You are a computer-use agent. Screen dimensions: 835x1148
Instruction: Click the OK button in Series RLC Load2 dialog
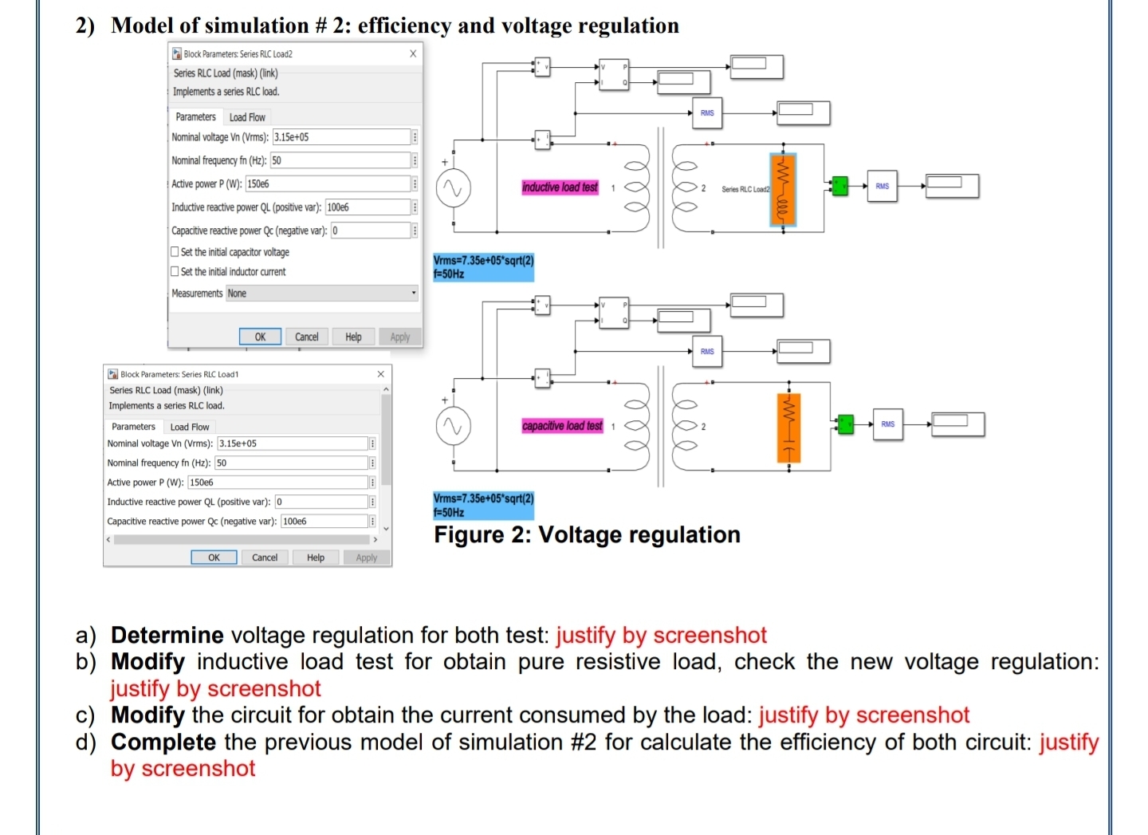pos(260,337)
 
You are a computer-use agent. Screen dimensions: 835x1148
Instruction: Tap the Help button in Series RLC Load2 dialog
pos(353,337)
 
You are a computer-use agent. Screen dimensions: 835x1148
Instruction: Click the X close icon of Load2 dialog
pos(413,53)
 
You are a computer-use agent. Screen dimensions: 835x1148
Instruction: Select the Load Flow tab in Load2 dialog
pos(247,117)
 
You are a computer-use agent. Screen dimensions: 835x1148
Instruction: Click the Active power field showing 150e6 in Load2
pos(327,183)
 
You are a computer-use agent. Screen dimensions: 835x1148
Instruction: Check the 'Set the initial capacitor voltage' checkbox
pos(175,252)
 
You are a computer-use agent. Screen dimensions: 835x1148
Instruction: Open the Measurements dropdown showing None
pos(322,293)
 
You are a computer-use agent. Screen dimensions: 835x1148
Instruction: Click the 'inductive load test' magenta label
pos(560,187)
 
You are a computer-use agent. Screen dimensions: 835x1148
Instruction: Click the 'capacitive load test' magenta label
pos(562,426)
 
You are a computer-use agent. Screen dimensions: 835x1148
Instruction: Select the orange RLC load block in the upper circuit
pos(783,190)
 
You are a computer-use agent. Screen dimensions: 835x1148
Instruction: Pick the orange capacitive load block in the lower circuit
pos(788,427)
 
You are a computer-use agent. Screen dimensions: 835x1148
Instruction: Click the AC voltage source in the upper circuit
pos(454,189)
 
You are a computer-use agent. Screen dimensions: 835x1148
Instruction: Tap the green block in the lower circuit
pos(845,423)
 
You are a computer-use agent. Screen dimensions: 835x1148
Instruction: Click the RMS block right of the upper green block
pos(882,186)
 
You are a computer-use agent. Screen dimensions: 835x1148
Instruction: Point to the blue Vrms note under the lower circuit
pos(483,505)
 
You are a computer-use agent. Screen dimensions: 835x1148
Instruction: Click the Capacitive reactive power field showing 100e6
pos(323,521)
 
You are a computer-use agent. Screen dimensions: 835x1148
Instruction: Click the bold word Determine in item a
pos(167,635)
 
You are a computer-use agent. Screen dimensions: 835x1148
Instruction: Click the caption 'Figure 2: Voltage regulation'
pos(587,534)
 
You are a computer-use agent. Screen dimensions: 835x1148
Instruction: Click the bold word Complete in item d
pos(163,742)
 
